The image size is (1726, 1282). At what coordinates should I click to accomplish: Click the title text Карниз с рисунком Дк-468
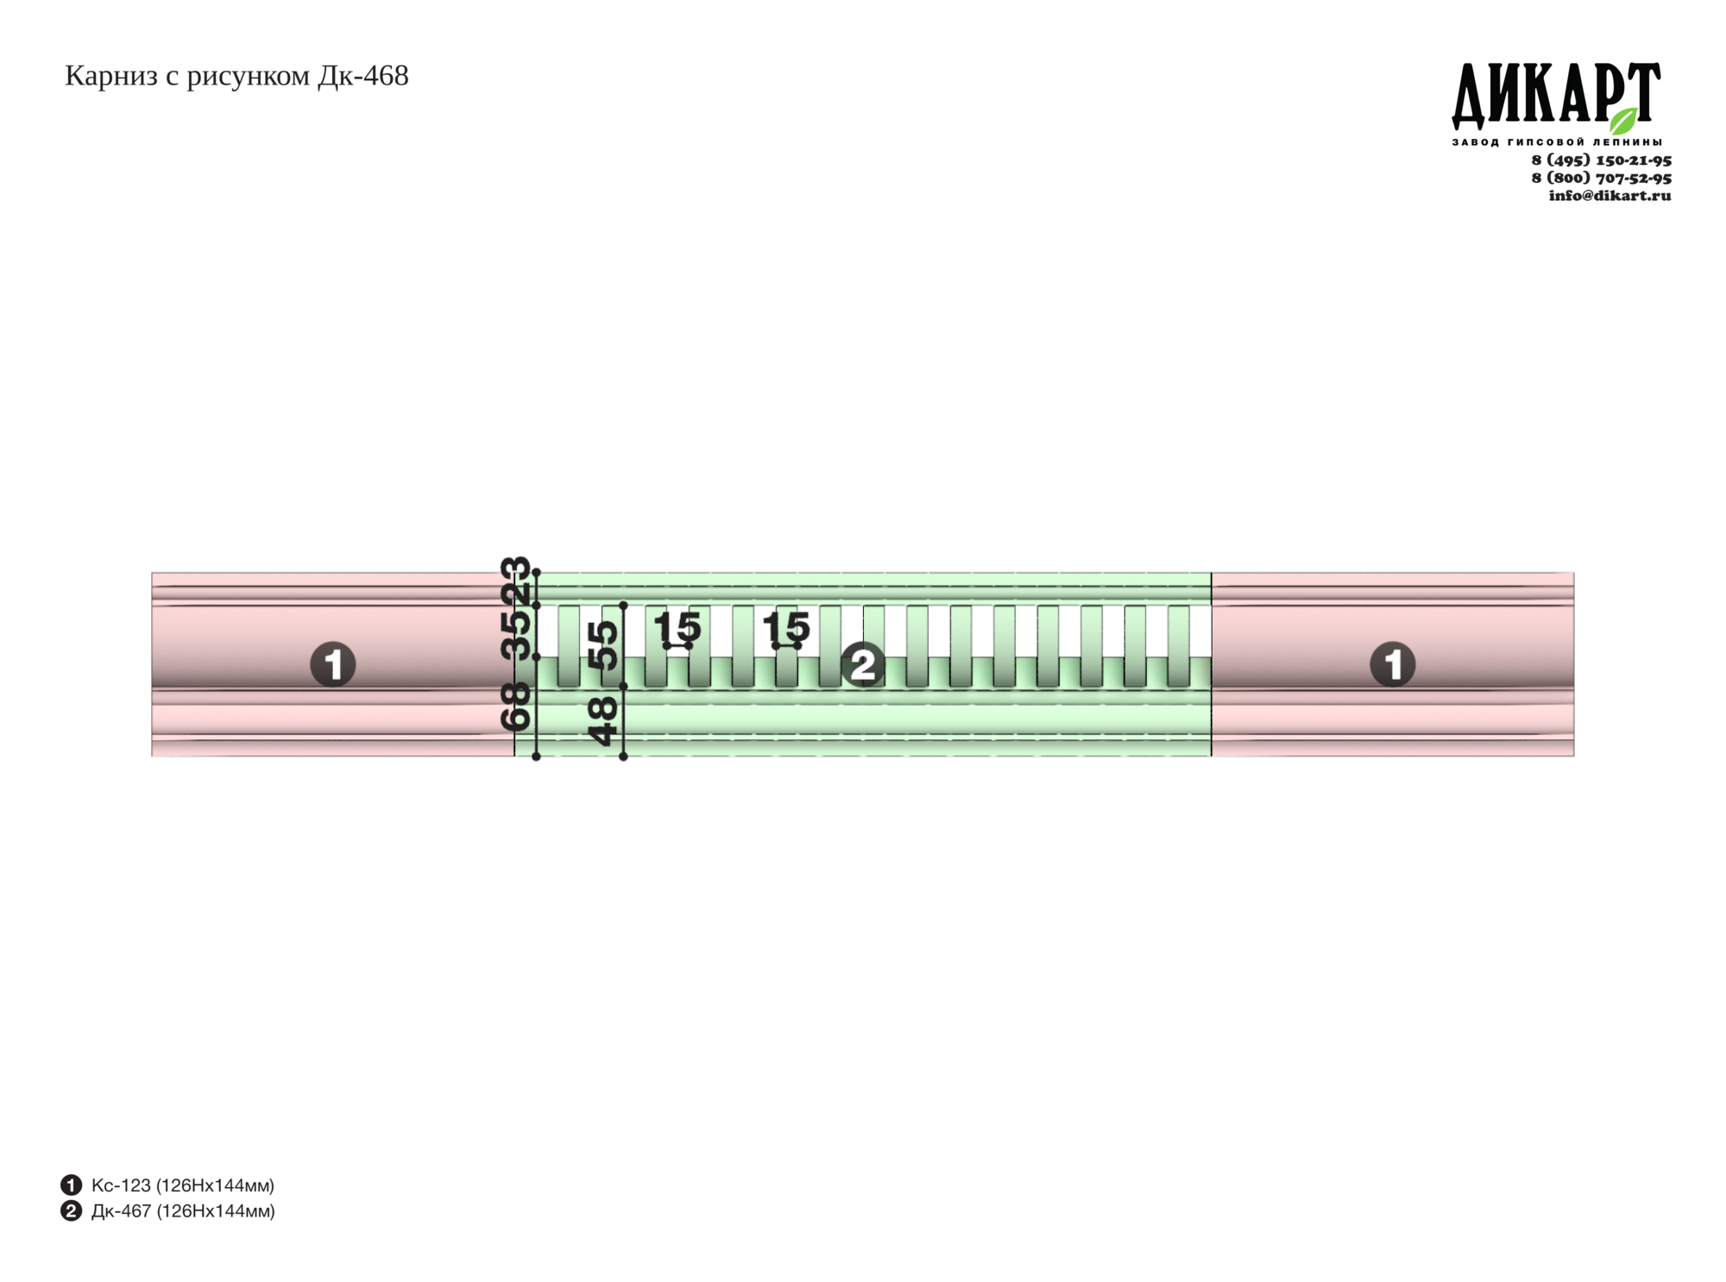pos(236,77)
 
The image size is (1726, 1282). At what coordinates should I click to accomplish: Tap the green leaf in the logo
pos(1624,121)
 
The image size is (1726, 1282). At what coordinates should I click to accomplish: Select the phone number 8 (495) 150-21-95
pos(1601,160)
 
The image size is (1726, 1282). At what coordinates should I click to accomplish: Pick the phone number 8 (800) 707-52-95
pos(1601,178)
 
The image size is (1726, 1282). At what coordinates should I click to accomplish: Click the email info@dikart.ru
pos(1609,195)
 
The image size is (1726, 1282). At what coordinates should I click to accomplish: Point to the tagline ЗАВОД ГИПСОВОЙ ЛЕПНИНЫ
pos(1557,141)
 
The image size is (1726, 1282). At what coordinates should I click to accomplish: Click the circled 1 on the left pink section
pos(333,664)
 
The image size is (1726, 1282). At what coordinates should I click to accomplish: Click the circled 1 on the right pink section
pos(1393,664)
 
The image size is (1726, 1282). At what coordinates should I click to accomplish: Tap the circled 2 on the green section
pos(863,664)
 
